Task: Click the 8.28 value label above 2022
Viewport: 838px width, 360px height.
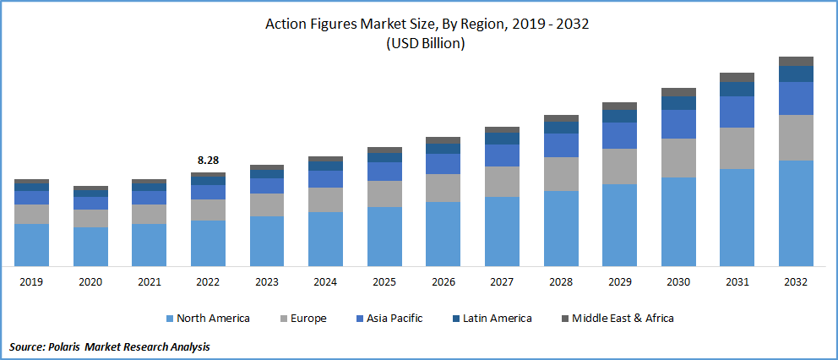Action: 208,160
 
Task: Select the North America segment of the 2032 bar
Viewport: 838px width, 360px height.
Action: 795,213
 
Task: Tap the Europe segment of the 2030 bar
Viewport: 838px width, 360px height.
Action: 678,158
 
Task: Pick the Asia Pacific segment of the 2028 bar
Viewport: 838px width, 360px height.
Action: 561,145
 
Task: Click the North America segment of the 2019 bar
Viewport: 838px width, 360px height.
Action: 31,245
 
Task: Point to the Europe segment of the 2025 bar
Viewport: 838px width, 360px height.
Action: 384,194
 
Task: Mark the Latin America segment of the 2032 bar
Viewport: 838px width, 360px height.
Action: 795,74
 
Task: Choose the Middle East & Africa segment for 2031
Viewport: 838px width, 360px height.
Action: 737,77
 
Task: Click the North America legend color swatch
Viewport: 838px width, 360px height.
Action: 169,319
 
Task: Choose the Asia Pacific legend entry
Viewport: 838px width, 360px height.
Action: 394,319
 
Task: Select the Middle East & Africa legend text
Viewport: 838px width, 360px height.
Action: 623,319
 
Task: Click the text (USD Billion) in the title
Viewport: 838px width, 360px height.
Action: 427,44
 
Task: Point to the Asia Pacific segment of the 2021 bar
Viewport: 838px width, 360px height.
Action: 149,198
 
